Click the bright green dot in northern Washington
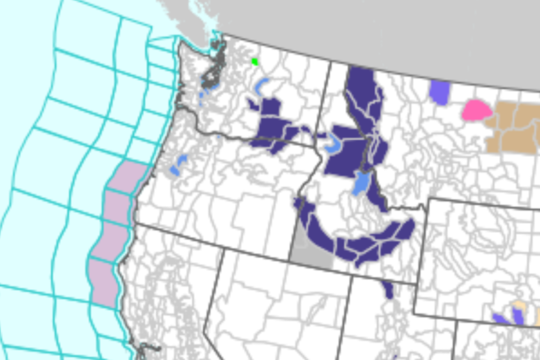255,62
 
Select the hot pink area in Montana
476,110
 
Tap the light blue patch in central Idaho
361,182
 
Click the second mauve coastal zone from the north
118,207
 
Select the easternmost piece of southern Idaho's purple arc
404,229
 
